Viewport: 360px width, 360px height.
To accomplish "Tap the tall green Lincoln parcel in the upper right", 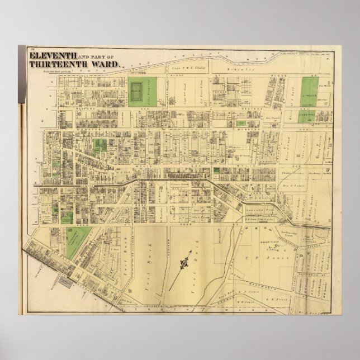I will coord(309,92).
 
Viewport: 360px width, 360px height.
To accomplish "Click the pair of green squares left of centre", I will coord(100,146).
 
